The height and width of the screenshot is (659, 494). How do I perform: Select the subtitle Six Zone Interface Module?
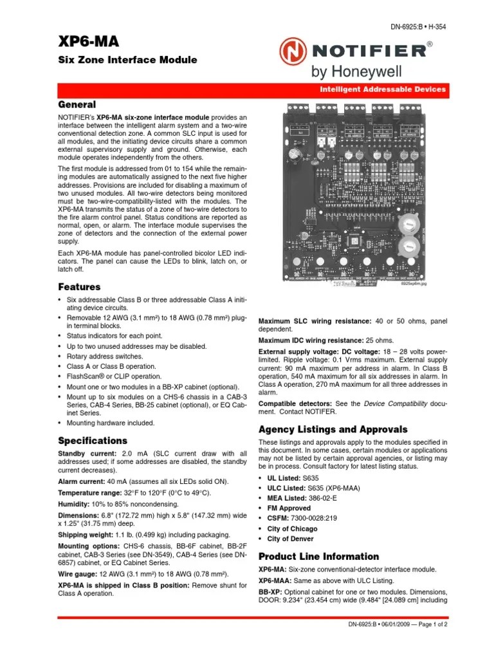(x=127, y=60)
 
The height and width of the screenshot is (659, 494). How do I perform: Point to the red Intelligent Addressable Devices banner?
(x=384, y=89)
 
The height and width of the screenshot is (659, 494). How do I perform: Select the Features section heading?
(x=79, y=287)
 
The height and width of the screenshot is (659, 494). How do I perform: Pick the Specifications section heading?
(x=93, y=441)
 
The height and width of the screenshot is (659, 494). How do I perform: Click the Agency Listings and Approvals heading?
(x=333, y=429)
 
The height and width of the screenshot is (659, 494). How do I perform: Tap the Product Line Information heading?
(x=318, y=556)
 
